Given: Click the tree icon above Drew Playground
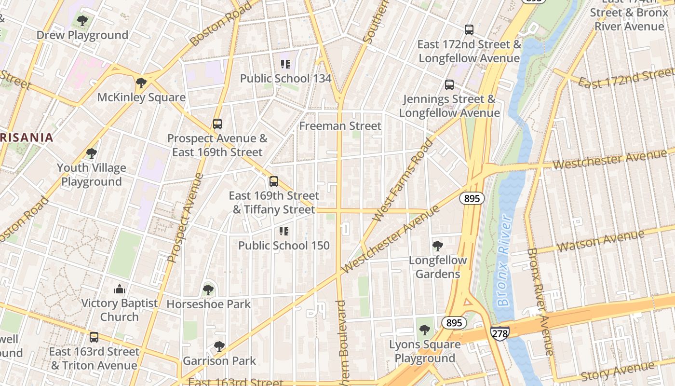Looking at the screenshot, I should [x=82, y=21].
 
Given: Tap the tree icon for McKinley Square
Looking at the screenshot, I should [x=141, y=83].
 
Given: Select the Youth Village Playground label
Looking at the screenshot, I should [x=92, y=175].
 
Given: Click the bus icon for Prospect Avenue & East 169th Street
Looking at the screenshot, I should [x=217, y=124].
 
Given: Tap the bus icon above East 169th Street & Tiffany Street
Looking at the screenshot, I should [x=274, y=181].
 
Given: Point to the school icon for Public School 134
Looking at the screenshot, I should [x=285, y=64].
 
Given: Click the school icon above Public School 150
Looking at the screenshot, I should [x=284, y=231].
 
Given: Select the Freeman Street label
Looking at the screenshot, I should [x=340, y=126].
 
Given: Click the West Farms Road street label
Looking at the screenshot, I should [x=403, y=180].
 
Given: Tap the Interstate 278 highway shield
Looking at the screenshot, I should [x=499, y=333].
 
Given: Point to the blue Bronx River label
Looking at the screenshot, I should [x=504, y=261].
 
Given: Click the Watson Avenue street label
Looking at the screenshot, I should [x=600, y=241].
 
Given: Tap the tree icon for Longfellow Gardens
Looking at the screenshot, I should [x=438, y=246].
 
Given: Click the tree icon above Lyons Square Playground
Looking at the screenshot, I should [x=425, y=330].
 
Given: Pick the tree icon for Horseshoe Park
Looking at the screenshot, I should [x=208, y=290].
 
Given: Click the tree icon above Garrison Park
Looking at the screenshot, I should [x=219, y=346].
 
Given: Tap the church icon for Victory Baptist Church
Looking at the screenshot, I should [x=119, y=289].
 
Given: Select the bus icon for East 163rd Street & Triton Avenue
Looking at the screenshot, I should [x=94, y=337].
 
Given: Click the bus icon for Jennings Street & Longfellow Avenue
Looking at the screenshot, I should [x=449, y=85].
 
